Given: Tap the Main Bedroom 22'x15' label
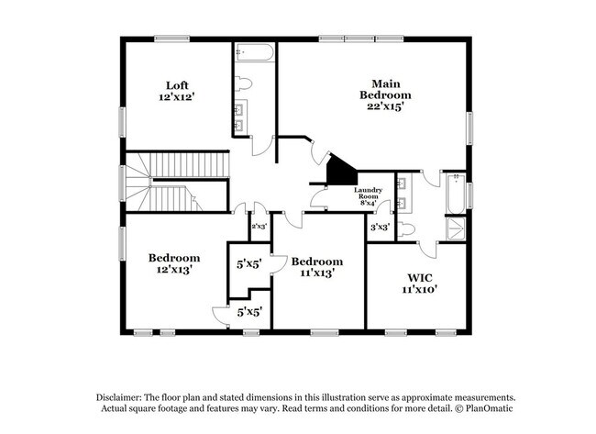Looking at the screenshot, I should coord(385,95).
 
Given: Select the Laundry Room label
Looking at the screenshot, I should coord(368,195).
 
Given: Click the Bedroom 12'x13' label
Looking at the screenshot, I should coord(174,264).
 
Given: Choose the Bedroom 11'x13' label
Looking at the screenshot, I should coord(317,266).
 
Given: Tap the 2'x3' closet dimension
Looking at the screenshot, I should coord(259,226).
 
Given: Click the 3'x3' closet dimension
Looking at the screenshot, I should coord(380,226).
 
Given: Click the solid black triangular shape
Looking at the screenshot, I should coord(341,170).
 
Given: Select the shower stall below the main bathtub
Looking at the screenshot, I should coord(454,228).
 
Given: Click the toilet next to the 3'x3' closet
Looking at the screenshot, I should coord(409,228).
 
